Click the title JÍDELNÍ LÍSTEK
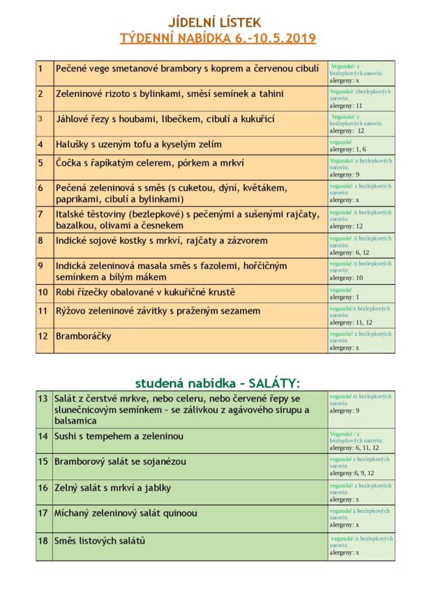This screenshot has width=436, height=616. click(x=218, y=23)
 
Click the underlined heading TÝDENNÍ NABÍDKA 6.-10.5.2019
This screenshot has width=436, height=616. click(x=218, y=38)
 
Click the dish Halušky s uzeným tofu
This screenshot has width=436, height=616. click(x=138, y=144)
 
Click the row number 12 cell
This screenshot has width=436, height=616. click(x=43, y=336)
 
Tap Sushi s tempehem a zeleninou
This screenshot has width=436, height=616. click(x=119, y=436)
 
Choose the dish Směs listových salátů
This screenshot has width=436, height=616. click(x=100, y=541)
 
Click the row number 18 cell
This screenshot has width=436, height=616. click(x=43, y=541)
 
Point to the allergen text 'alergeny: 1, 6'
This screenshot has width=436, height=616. click(x=347, y=149)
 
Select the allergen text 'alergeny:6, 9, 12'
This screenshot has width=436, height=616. click(x=352, y=472)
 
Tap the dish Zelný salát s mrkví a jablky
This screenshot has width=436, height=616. click(x=113, y=488)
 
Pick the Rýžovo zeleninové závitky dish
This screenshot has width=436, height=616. click(x=163, y=311)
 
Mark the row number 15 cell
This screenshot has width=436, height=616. click(x=43, y=461)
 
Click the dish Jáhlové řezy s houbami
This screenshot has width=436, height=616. click(x=165, y=119)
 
